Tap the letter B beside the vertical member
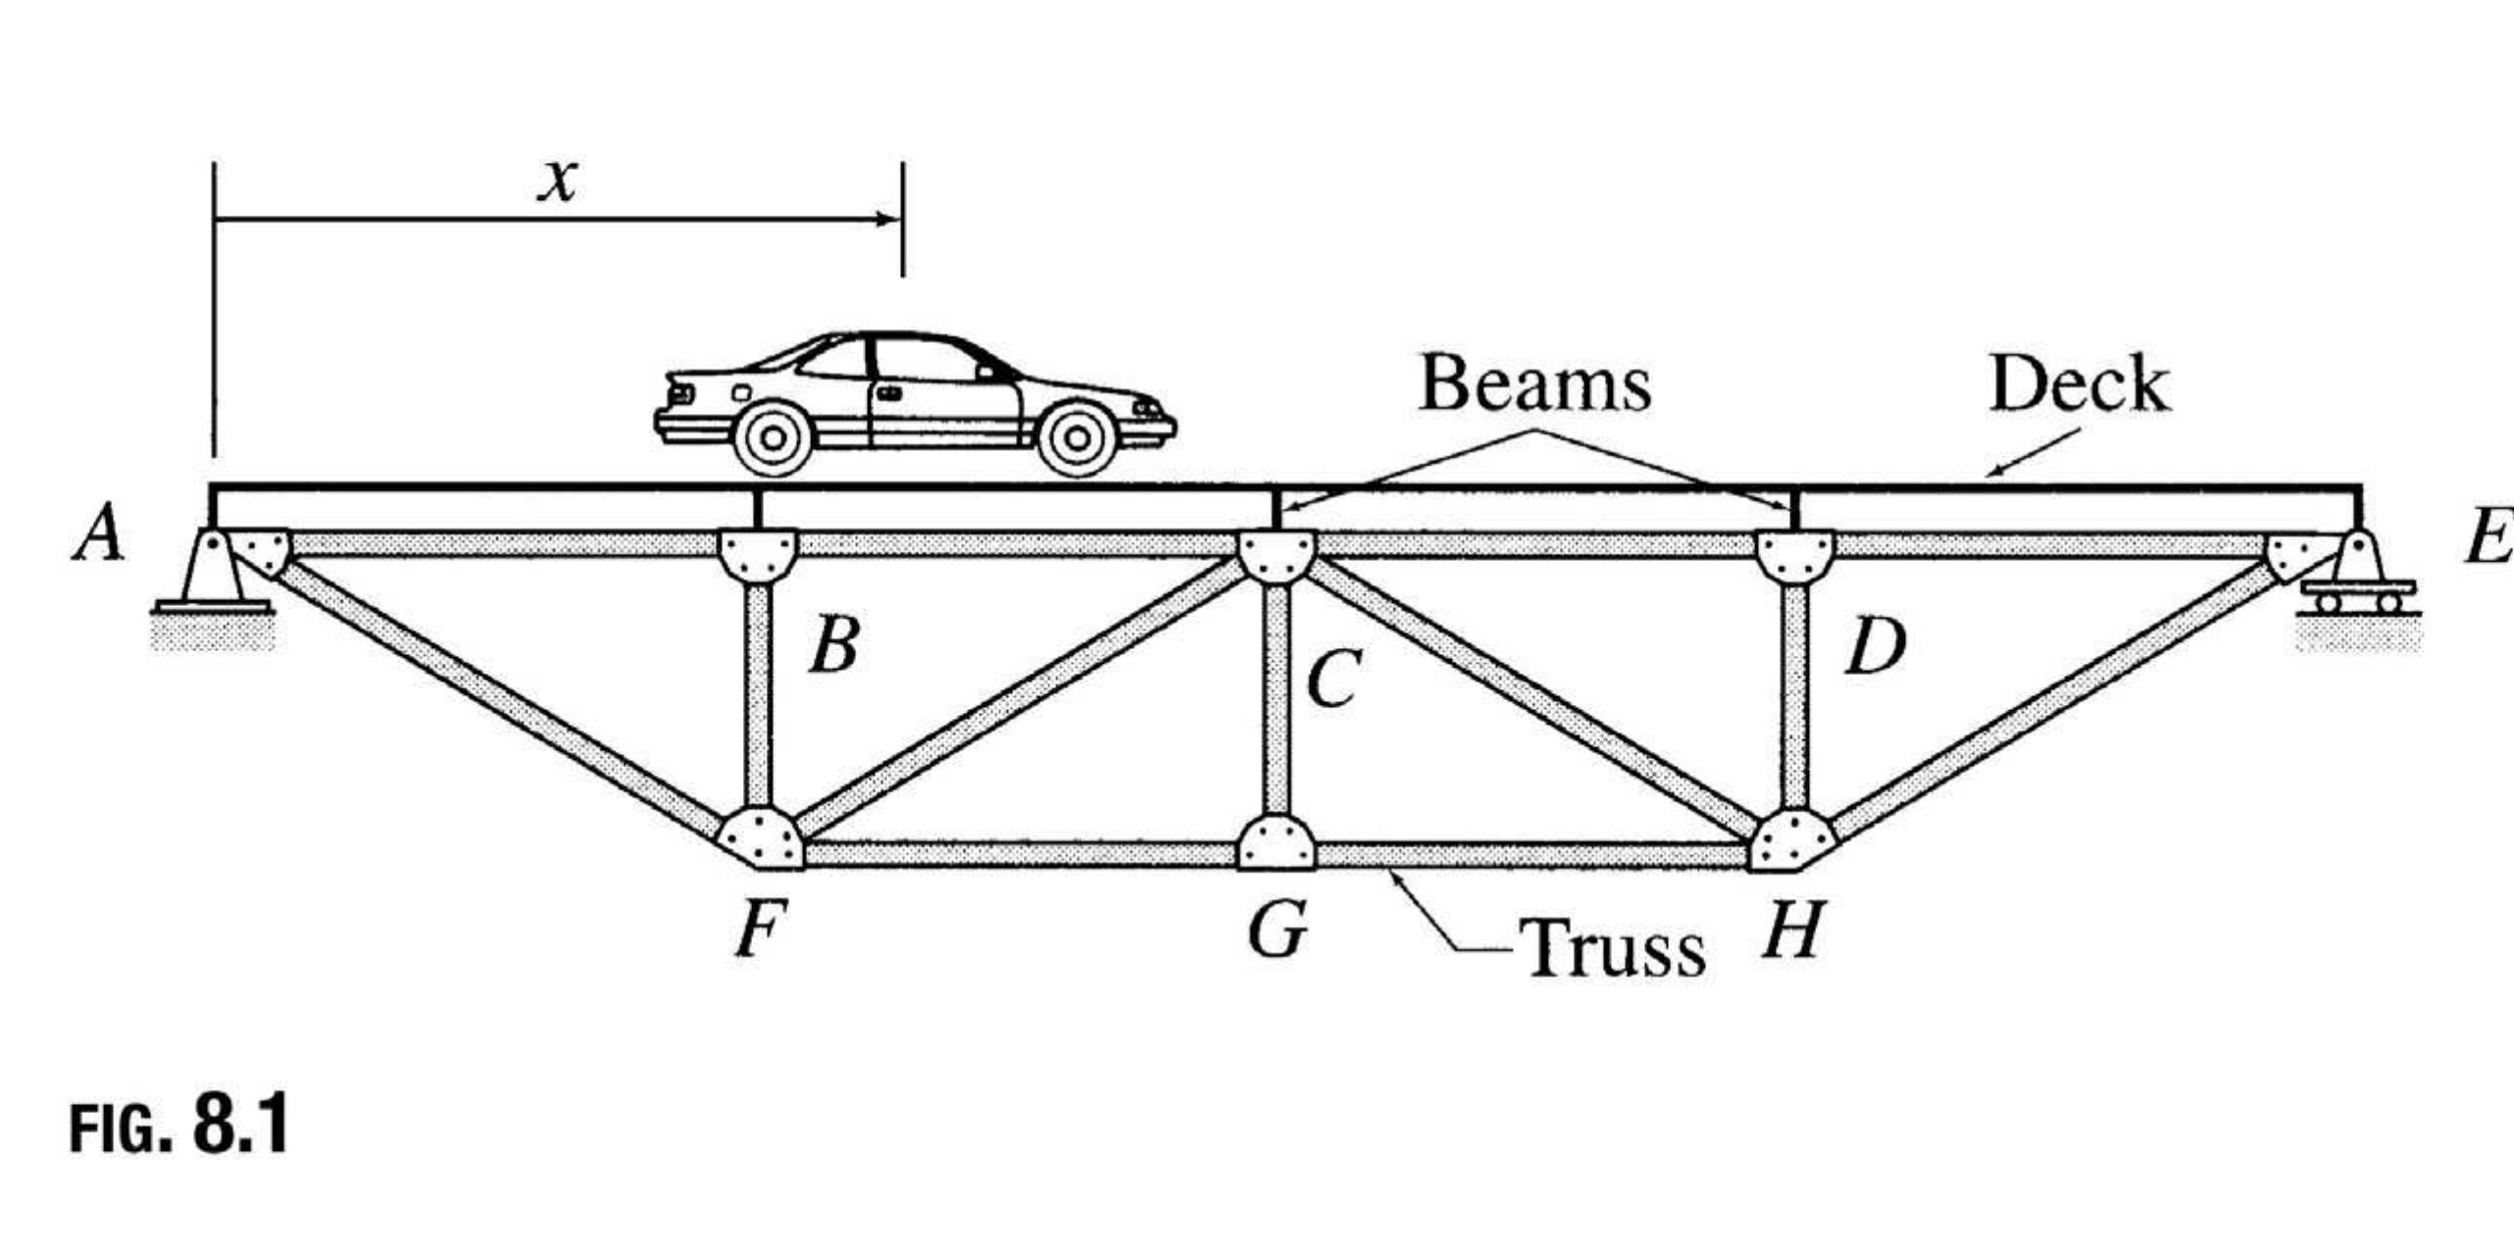834,645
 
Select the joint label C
1334,679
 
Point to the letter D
1876,647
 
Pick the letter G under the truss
1278,930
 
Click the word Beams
1534,383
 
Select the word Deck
2080,383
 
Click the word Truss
1613,948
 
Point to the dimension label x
558,180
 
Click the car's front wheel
1077,438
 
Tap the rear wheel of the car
773,438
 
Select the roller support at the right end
2357,588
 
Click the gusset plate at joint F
761,838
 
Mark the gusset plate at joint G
1276,842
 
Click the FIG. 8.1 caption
179,1125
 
